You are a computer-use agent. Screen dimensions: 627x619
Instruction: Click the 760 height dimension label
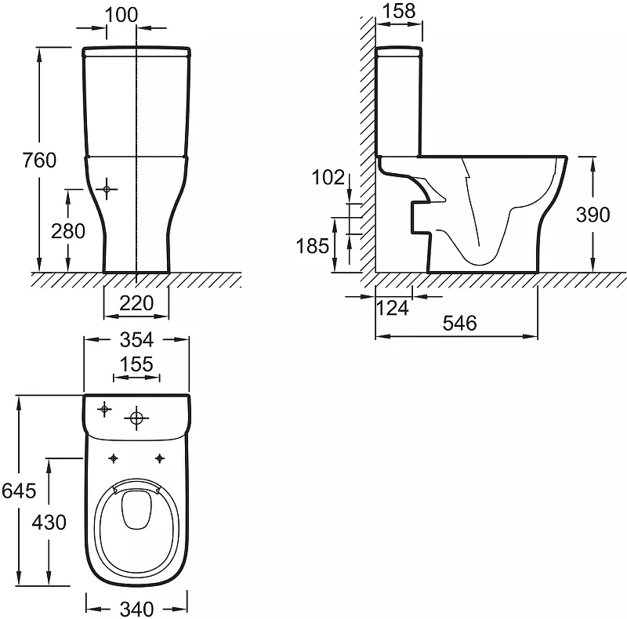pyautogui.click(x=39, y=161)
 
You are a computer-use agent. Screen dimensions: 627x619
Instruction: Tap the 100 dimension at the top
pyautogui.click(x=121, y=15)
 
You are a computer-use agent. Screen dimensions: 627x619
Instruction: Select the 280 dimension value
pyautogui.click(x=68, y=231)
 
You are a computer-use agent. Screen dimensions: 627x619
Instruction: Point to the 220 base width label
pyautogui.click(x=136, y=303)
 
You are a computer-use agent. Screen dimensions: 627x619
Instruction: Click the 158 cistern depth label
pyautogui.click(x=399, y=11)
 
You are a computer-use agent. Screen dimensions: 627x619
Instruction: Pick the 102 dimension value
pyautogui.click(x=328, y=177)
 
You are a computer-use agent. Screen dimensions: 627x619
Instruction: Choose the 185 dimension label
pyautogui.click(x=312, y=245)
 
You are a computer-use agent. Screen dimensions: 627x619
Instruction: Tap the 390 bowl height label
pyautogui.click(x=593, y=215)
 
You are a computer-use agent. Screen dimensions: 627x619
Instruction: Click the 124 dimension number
pyautogui.click(x=393, y=308)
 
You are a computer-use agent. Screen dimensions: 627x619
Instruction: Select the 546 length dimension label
pyautogui.click(x=460, y=323)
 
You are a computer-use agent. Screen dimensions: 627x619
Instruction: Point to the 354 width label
pyautogui.click(x=136, y=340)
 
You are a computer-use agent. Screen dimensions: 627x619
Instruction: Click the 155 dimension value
pyautogui.click(x=136, y=364)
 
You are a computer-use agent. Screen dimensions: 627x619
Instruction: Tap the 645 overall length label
pyautogui.click(x=19, y=490)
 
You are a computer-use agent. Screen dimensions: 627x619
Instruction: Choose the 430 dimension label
pyautogui.click(x=49, y=522)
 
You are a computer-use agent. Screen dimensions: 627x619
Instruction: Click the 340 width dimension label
pyautogui.click(x=136, y=609)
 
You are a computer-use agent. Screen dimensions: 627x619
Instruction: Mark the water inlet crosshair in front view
pyautogui.click(x=107, y=189)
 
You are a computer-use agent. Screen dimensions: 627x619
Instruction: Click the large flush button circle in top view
pyautogui.click(x=136, y=418)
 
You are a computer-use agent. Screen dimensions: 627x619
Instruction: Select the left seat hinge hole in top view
pyautogui.click(x=114, y=458)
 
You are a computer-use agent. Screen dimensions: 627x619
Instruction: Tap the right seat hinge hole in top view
pyautogui.click(x=160, y=458)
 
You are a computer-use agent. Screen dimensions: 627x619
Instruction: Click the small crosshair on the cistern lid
pyautogui.click(x=104, y=409)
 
